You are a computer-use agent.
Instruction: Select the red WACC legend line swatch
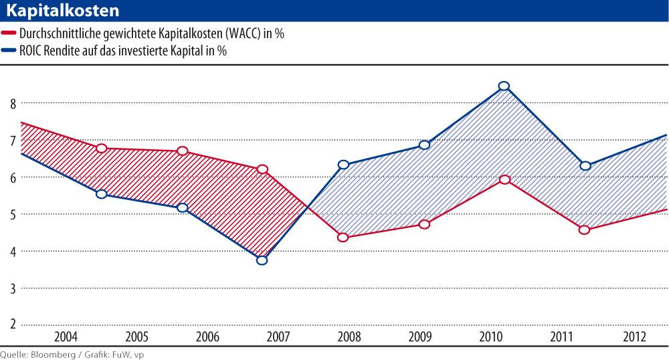(9, 33)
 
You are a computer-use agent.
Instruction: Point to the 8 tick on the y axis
(12, 103)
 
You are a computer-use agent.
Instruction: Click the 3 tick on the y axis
(12, 288)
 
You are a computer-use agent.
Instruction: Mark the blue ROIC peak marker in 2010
(504, 86)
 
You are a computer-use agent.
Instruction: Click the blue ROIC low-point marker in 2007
(262, 260)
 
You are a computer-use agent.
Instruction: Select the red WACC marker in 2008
(343, 238)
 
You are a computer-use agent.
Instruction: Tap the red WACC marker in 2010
(504, 179)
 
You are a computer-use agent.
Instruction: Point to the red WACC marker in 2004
(102, 148)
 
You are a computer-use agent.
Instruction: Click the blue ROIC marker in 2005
(102, 194)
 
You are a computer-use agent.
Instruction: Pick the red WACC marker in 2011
(585, 230)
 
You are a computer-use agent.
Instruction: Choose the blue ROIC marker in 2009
(424, 145)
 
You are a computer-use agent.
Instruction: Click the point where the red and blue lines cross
(306, 207)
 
